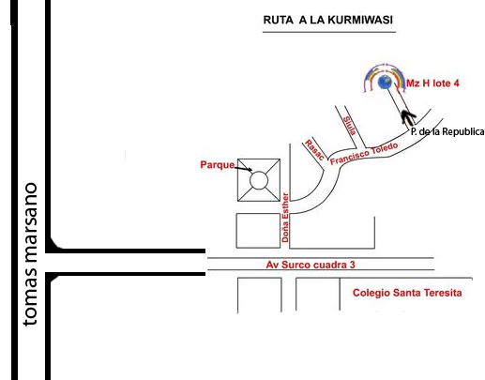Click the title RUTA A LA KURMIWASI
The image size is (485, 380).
[327, 20]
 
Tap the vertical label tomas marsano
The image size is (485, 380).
[30, 254]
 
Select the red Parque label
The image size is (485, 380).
[218, 165]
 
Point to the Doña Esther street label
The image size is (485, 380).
[285, 218]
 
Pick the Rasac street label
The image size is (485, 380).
[314, 150]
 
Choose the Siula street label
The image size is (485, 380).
[350, 126]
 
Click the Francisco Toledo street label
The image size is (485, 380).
[364, 153]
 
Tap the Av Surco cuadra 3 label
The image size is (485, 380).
[311, 265]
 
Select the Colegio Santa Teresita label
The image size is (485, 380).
[407, 293]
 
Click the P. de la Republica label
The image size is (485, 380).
[447, 131]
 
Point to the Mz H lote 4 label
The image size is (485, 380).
[432, 84]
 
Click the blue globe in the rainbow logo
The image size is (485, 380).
[385, 82]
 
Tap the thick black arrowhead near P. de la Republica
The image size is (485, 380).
[408, 117]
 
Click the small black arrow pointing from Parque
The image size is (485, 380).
[244, 169]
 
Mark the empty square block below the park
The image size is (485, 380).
[258, 231]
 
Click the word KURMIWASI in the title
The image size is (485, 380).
[360, 20]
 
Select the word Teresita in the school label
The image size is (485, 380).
[444, 293]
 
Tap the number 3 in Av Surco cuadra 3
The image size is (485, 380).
[353, 265]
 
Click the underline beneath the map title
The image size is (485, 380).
[329, 32]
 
